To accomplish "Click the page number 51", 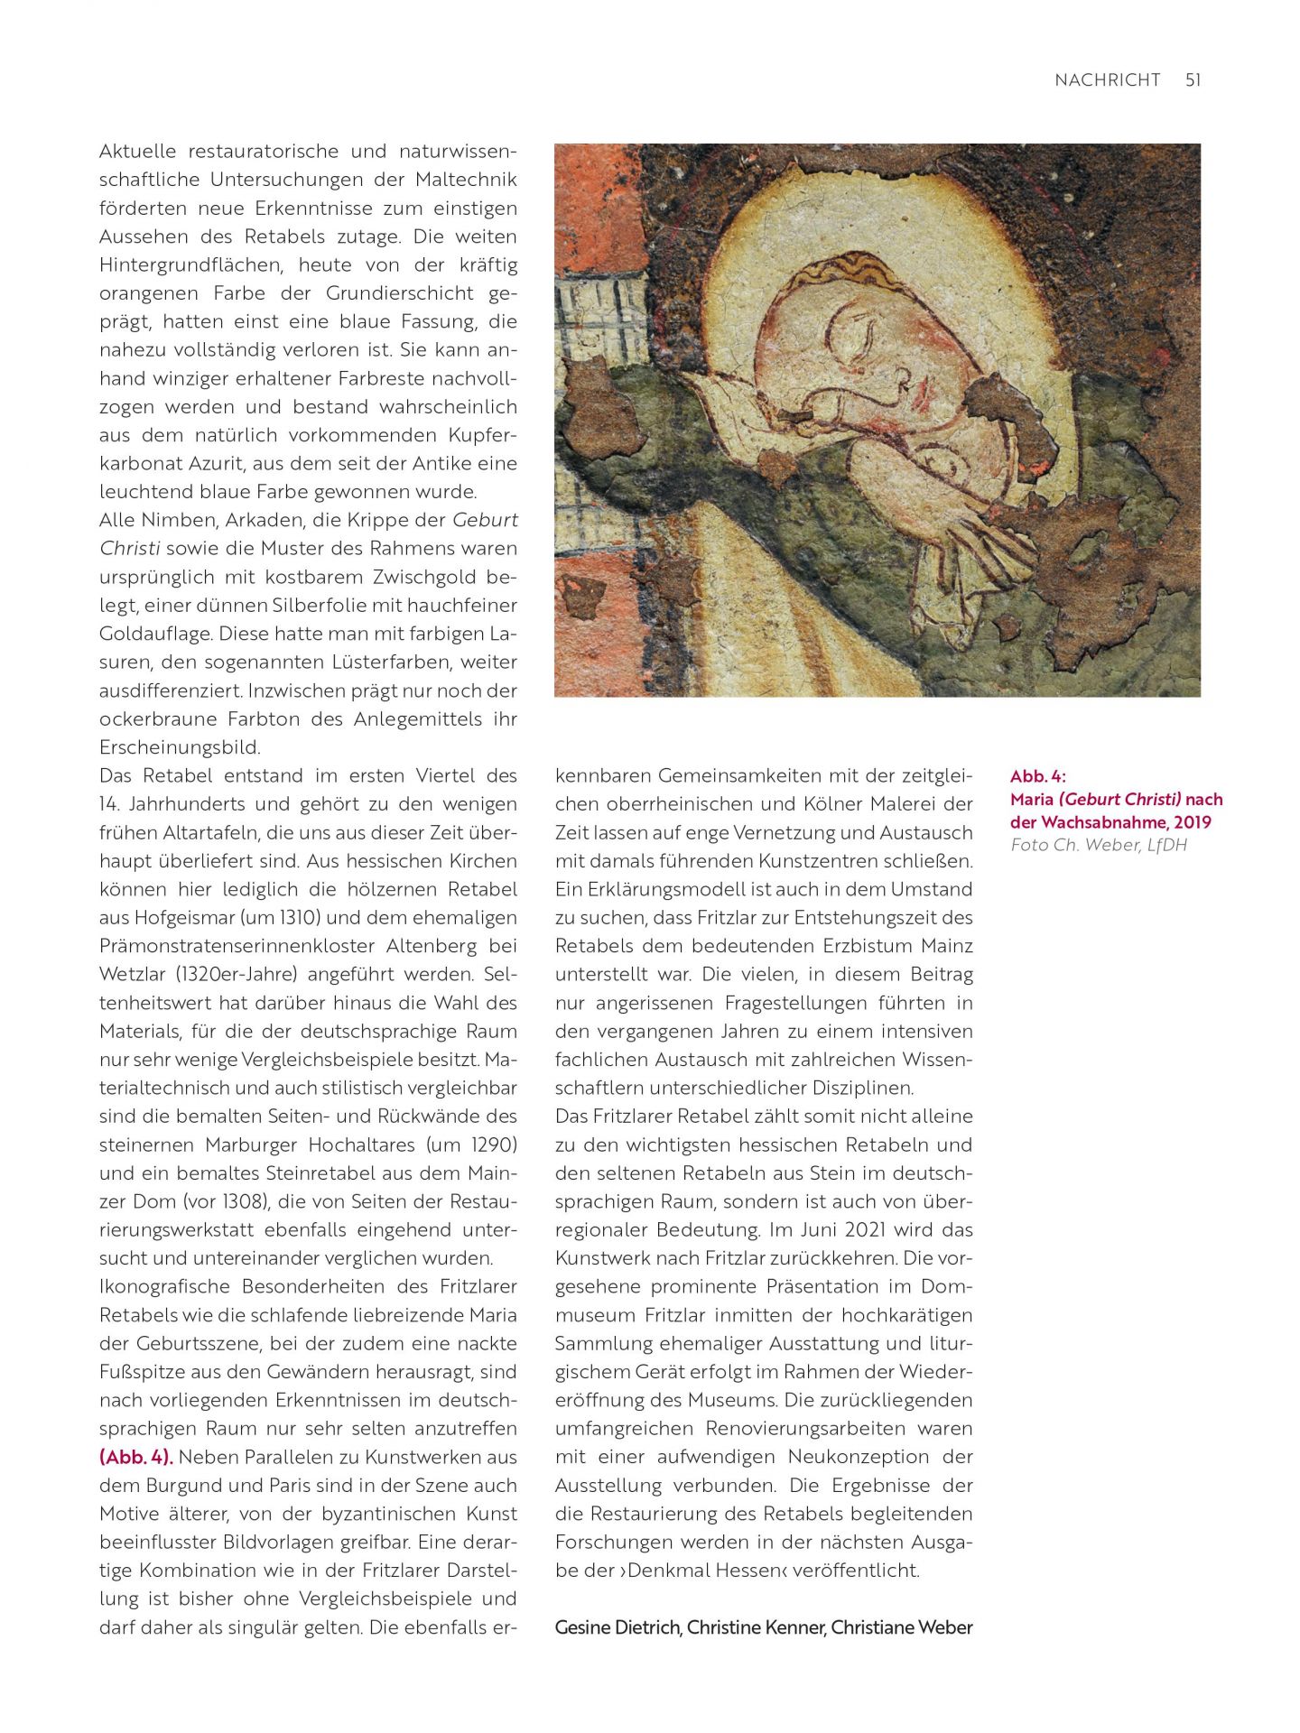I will click(x=1193, y=80).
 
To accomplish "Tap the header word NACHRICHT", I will click(x=1107, y=80).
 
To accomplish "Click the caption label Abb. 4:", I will click(x=1037, y=776).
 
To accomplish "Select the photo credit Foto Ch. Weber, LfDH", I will click(x=1099, y=845).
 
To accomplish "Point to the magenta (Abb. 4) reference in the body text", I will click(x=135, y=1458).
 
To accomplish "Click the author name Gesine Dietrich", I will click(x=617, y=1627).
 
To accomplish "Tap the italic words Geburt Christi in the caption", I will click(x=1120, y=799).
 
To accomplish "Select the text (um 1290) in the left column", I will click(x=472, y=1145).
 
